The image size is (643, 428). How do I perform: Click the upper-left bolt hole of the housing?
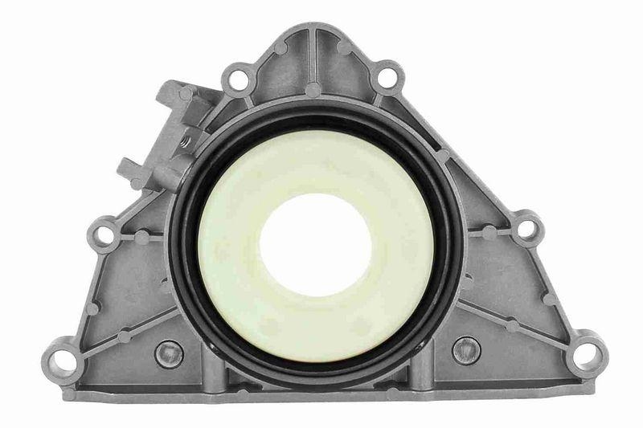pos(236,79)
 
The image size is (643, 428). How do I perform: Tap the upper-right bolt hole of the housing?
pos(387,78)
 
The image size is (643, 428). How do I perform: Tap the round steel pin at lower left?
pos(169,353)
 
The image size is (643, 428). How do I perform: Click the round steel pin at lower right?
pos(467,350)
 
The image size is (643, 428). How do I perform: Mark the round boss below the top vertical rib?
pos(313,90)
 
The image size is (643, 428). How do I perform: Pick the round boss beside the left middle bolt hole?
pos(141,238)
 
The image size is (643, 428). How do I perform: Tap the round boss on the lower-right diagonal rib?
pos(513,326)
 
